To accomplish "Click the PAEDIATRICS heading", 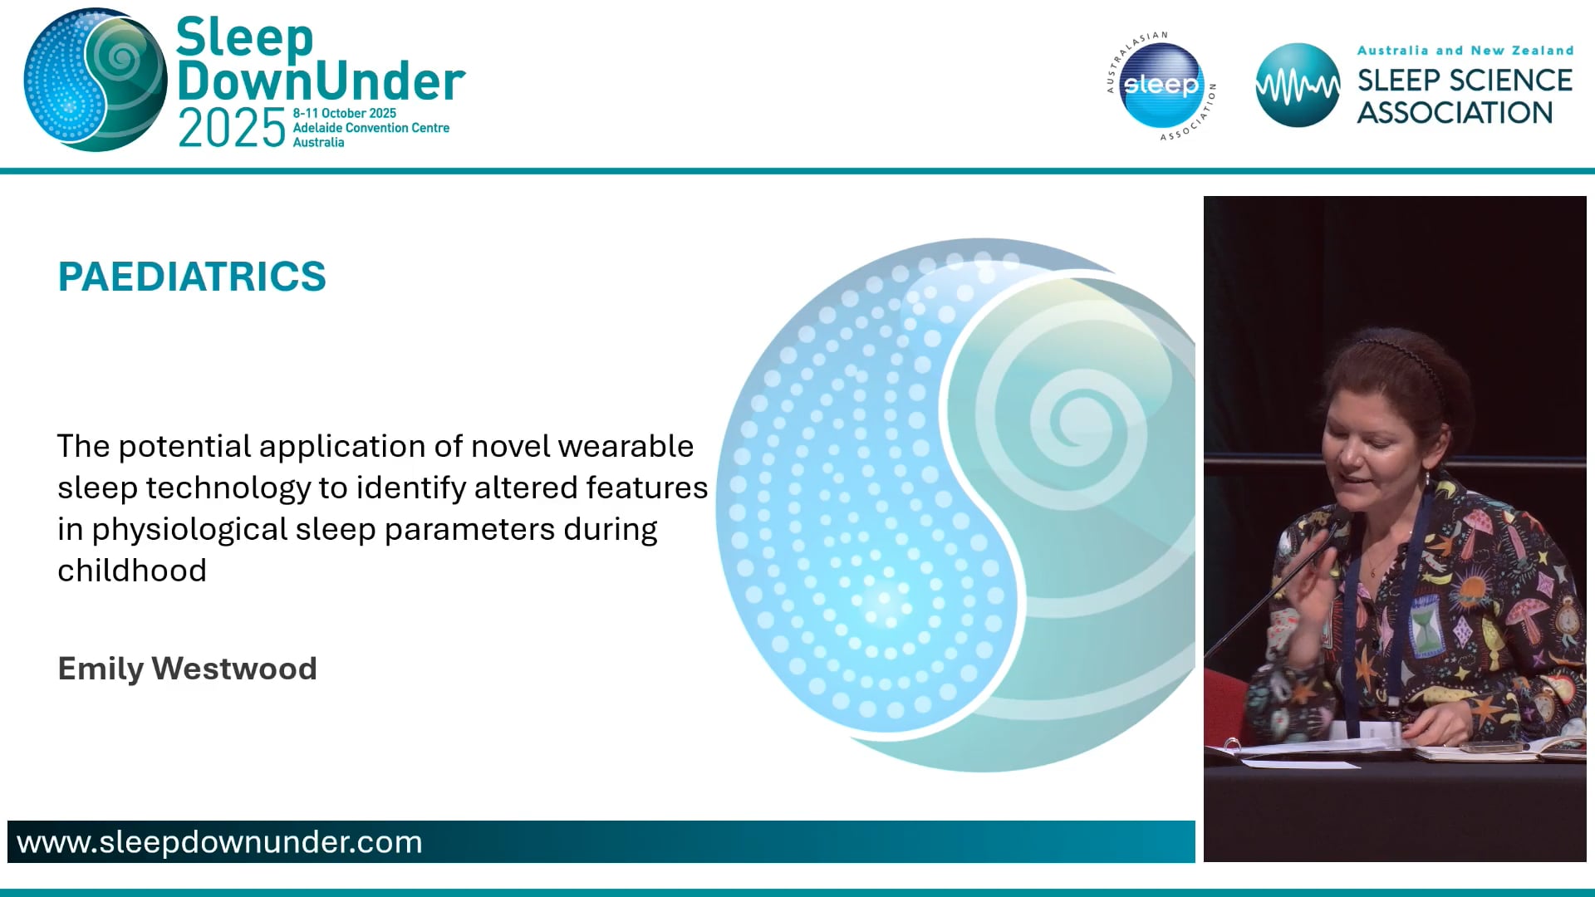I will (192, 277).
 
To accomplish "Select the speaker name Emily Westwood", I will (187, 669).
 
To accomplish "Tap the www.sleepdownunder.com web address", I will (219, 842).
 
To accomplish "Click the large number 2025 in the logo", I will (232, 130).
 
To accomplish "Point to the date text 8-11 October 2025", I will (344, 113).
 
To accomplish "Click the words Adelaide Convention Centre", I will (371, 128).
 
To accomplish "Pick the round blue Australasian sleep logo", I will (1161, 85).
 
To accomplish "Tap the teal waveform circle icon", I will (1297, 85).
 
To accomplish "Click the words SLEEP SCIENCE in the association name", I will (1465, 81).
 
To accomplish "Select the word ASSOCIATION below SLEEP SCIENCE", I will (1455, 113).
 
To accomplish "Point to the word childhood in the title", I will (132, 571).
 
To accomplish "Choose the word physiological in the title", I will (189, 530).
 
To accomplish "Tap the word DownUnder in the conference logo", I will (321, 81).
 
